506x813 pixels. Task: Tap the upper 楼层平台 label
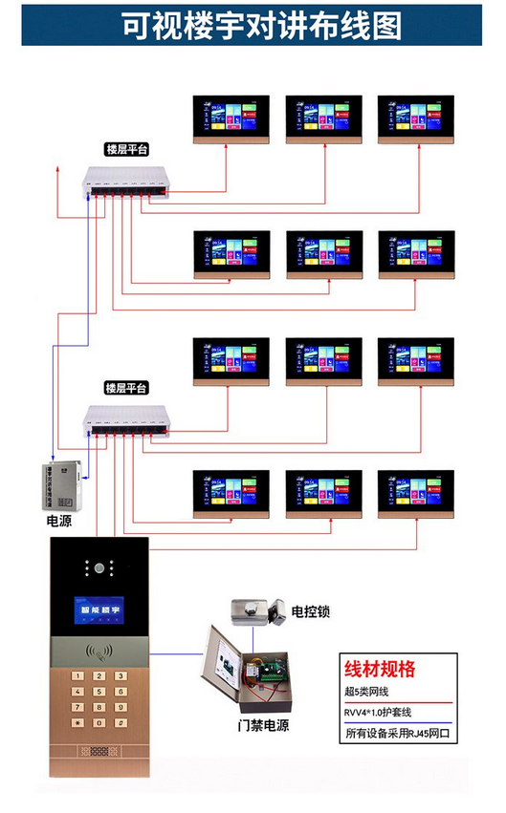pos(126,150)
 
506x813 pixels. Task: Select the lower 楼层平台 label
pos(126,388)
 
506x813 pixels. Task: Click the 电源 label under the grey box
pos(58,523)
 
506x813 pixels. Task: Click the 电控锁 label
pos(310,610)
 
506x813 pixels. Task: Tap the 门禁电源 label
pos(263,725)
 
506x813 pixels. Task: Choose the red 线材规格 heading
pos(380,669)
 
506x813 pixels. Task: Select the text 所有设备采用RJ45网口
pos(396,736)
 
